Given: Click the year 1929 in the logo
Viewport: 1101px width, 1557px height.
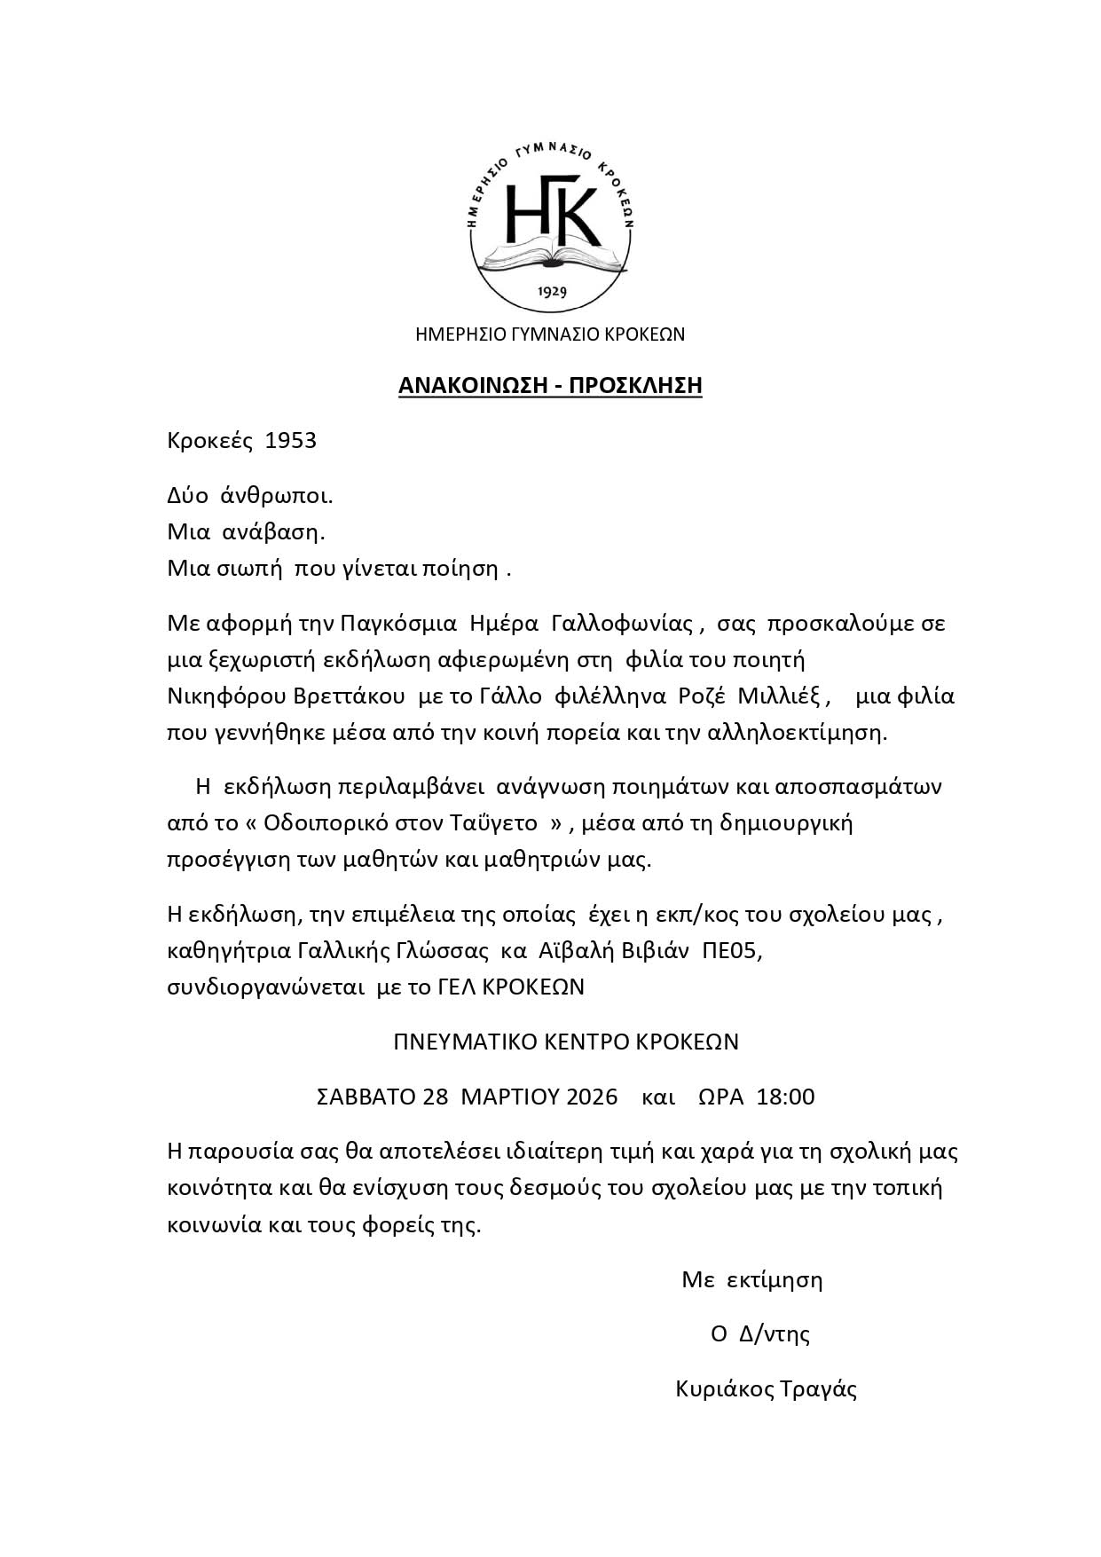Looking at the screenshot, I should [552, 291].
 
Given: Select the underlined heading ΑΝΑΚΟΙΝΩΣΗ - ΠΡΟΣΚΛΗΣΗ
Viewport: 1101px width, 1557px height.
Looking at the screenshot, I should [550, 385].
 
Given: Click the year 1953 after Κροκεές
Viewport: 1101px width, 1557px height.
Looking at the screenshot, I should [291, 441].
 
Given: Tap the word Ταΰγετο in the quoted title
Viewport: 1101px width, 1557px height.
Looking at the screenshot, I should [498, 823].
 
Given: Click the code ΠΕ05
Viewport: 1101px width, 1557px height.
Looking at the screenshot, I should [731, 950].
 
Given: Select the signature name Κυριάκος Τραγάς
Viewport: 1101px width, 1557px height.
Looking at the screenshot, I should [766, 1388].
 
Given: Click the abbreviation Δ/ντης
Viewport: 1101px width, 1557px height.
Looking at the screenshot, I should [775, 1334].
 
